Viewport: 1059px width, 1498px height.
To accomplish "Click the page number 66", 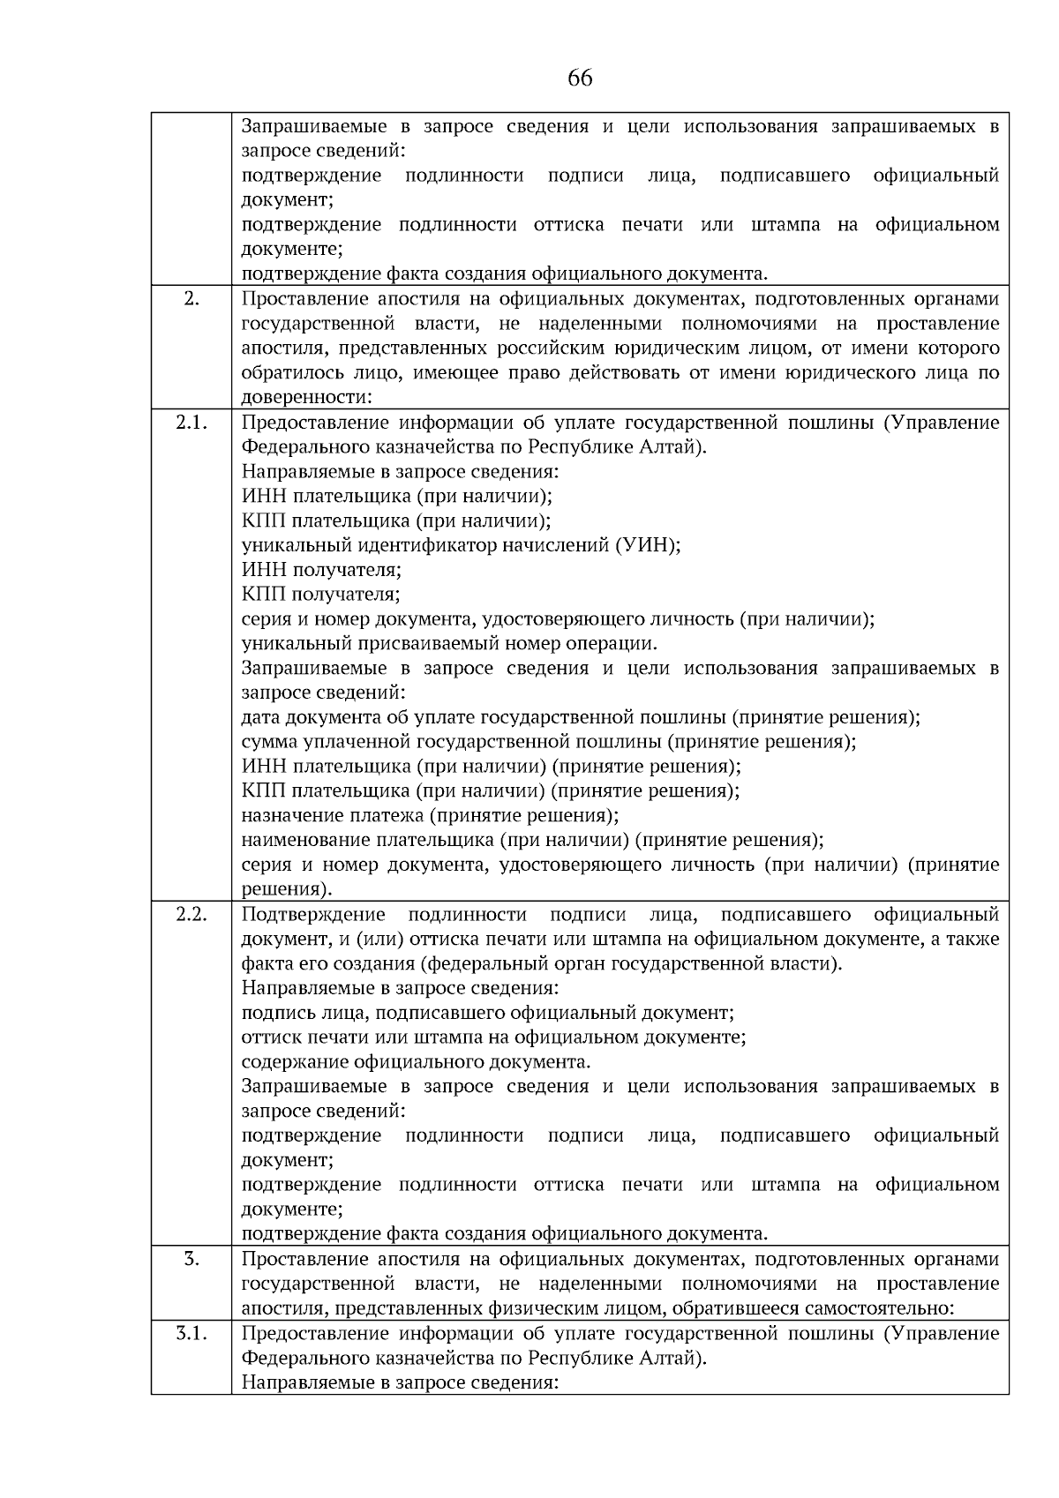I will pyautogui.click(x=580, y=79).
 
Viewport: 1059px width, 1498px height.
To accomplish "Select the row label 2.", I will pyautogui.click(x=192, y=298).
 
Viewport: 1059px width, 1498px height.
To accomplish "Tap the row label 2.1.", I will pyautogui.click(x=192, y=422).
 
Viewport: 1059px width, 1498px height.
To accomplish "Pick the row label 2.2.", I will pyautogui.click(x=192, y=913).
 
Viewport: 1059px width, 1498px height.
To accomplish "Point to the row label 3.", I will pyautogui.click(x=192, y=1258).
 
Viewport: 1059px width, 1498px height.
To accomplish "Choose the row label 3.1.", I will pyautogui.click(x=192, y=1332).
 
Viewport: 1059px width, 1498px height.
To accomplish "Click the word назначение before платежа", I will pyautogui.click(x=289, y=815).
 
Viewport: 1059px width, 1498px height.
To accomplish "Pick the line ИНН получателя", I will pyautogui.click(x=321, y=569).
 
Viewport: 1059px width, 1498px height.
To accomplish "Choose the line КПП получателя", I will pyautogui.click(x=321, y=594).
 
